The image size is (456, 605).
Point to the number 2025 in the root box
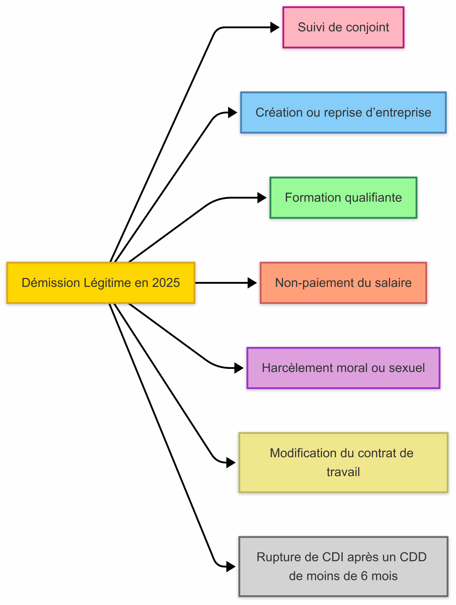166,283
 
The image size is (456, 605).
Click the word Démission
51,283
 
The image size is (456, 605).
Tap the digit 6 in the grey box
364,576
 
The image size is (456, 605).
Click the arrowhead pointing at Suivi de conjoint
274,27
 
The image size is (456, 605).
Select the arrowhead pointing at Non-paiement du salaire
252,283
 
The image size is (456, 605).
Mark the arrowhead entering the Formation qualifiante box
262,198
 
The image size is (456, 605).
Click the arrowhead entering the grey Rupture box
231,566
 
